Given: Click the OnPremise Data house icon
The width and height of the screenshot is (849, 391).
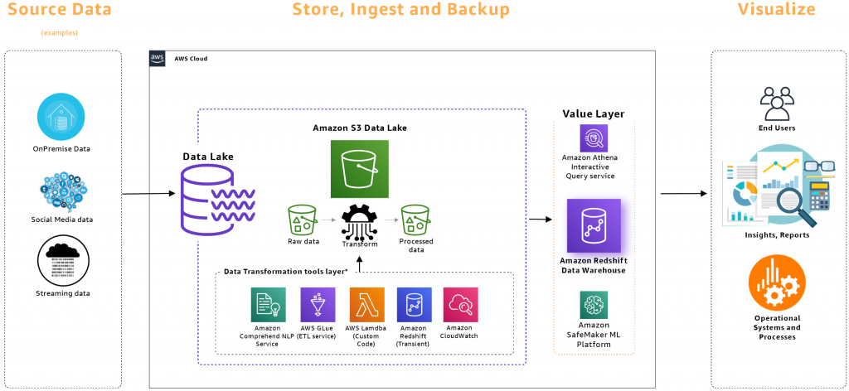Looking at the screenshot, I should point(61,117).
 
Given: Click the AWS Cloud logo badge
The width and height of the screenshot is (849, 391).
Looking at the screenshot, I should point(158,58).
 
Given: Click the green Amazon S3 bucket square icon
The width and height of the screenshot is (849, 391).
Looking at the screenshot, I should point(359,169).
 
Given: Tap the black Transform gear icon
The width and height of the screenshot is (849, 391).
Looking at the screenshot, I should point(359,220).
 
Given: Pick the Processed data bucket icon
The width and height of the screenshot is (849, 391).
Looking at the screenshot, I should point(415,220).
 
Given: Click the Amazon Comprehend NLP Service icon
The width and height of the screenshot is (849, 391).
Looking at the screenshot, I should point(269,304).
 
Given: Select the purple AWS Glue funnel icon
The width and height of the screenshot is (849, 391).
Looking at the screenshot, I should point(318,304).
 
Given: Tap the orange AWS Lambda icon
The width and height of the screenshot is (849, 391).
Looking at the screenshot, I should point(366,304).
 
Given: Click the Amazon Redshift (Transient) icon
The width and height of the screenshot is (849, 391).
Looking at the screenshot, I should point(413,304).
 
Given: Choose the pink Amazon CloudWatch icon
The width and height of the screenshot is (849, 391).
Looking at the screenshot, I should point(460,304).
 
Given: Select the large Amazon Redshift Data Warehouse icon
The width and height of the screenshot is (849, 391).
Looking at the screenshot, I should point(594,224).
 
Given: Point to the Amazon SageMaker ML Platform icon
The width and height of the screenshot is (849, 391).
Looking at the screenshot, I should point(594,305).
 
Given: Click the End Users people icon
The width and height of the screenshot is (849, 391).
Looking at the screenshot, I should point(777,104).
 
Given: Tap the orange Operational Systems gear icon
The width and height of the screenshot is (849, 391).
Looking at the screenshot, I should point(777,283).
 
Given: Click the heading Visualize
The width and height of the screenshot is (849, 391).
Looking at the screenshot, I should point(777,10).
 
